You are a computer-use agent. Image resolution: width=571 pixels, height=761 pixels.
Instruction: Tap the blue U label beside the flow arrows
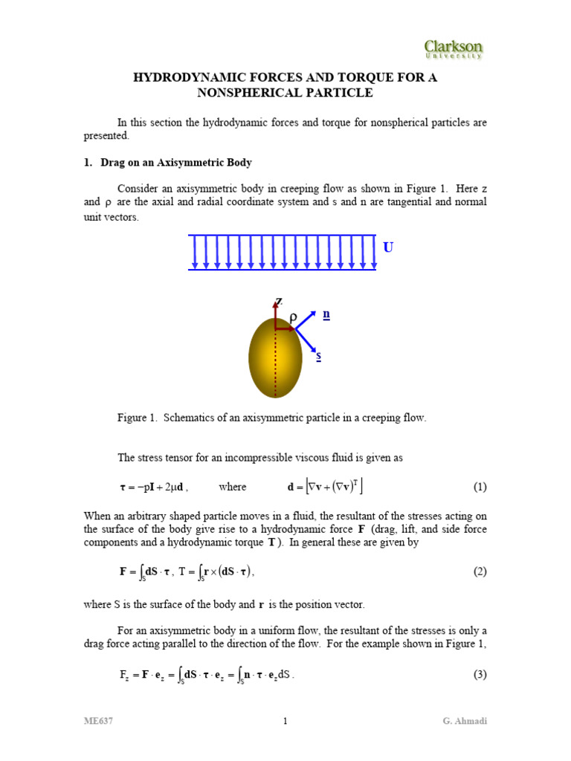click(x=387, y=247)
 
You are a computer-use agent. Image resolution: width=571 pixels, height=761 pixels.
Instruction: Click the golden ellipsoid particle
click(x=275, y=358)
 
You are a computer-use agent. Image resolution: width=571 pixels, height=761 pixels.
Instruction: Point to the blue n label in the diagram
click(x=326, y=314)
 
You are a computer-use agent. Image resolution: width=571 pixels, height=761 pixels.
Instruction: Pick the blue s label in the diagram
click(x=319, y=356)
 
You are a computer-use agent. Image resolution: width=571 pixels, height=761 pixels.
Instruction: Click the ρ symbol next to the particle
click(x=293, y=318)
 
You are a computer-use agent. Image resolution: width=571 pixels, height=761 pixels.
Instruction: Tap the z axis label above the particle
click(x=279, y=302)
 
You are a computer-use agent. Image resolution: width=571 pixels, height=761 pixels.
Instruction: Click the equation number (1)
click(x=480, y=488)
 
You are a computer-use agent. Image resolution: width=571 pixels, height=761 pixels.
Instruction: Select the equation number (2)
click(x=480, y=571)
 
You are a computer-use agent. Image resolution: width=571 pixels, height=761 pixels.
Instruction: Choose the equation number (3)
click(x=480, y=675)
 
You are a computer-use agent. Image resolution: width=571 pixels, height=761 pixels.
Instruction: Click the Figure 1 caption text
click(x=271, y=418)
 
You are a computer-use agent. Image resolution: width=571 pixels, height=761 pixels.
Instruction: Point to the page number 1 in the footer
click(x=285, y=721)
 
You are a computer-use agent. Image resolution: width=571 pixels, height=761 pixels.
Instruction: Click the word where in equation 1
click(x=232, y=488)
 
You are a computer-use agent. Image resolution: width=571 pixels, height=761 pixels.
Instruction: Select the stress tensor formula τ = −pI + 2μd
click(x=154, y=488)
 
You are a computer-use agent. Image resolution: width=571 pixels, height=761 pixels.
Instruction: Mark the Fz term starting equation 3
click(x=125, y=676)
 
